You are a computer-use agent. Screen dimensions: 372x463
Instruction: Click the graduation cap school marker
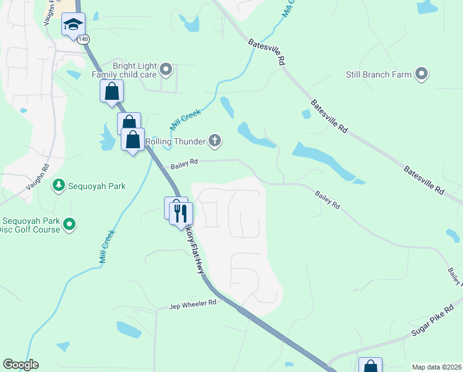coord(73,25)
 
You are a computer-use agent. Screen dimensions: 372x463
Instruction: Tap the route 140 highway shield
coord(83,38)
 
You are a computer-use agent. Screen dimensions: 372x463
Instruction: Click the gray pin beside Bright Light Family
coord(165,69)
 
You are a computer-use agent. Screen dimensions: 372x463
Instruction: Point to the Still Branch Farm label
coord(379,74)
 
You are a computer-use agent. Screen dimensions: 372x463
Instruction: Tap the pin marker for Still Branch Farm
coord(422,74)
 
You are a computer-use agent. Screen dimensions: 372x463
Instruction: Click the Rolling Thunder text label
coord(175,141)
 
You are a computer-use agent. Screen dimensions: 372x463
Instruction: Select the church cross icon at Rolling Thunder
coord(215,141)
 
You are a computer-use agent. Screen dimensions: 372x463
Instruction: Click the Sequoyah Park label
coord(98,185)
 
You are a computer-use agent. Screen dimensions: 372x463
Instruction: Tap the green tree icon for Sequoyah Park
coord(59,185)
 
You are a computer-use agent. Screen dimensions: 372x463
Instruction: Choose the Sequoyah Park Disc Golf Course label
coord(30,225)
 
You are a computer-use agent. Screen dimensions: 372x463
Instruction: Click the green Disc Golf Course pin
coord(70,224)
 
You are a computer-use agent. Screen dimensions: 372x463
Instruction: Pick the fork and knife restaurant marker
coord(181,213)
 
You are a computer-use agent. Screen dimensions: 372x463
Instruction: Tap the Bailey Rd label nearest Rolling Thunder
coord(184,162)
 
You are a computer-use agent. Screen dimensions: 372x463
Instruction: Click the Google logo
coord(20,365)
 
